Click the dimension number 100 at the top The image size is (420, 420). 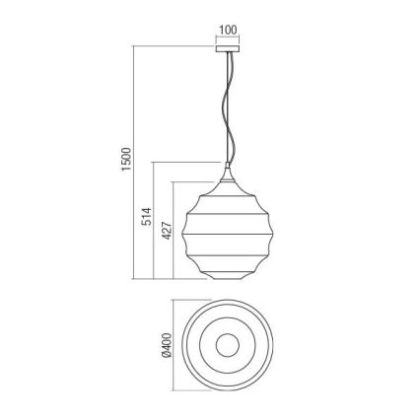(x=228, y=30)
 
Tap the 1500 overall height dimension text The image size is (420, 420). (x=126, y=160)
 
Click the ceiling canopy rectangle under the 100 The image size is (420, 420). (x=228, y=44)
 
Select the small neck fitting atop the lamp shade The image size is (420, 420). (x=228, y=174)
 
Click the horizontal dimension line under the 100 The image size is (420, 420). (x=228, y=37)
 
